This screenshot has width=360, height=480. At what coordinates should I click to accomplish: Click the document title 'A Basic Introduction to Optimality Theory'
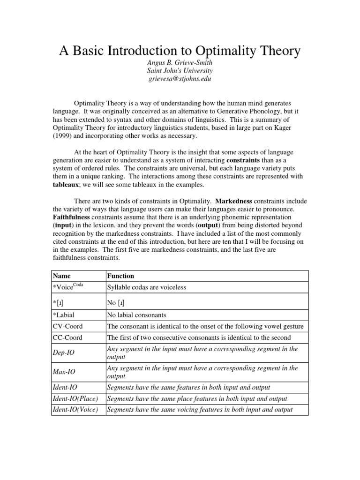pyautogui.click(x=180, y=51)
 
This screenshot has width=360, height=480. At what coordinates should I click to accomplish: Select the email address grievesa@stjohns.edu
pyautogui.click(x=180, y=79)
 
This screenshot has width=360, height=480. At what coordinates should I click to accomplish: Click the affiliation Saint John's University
pyautogui.click(x=180, y=71)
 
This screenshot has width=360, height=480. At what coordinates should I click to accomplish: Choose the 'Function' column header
pyautogui.click(x=121, y=276)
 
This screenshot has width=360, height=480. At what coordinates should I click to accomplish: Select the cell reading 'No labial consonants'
pyautogui.click(x=137, y=315)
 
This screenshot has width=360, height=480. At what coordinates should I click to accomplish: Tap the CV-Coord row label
pyautogui.click(x=67, y=326)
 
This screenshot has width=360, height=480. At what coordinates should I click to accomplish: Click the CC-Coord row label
pyautogui.click(x=67, y=337)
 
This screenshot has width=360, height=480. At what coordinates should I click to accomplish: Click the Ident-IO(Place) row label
pyautogui.click(x=76, y=398)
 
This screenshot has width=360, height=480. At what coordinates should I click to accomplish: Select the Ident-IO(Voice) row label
pyautogui.click(x=76, y=409)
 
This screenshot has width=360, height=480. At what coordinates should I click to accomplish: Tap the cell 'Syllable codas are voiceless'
pyautogui.click(x=147, y=287)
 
